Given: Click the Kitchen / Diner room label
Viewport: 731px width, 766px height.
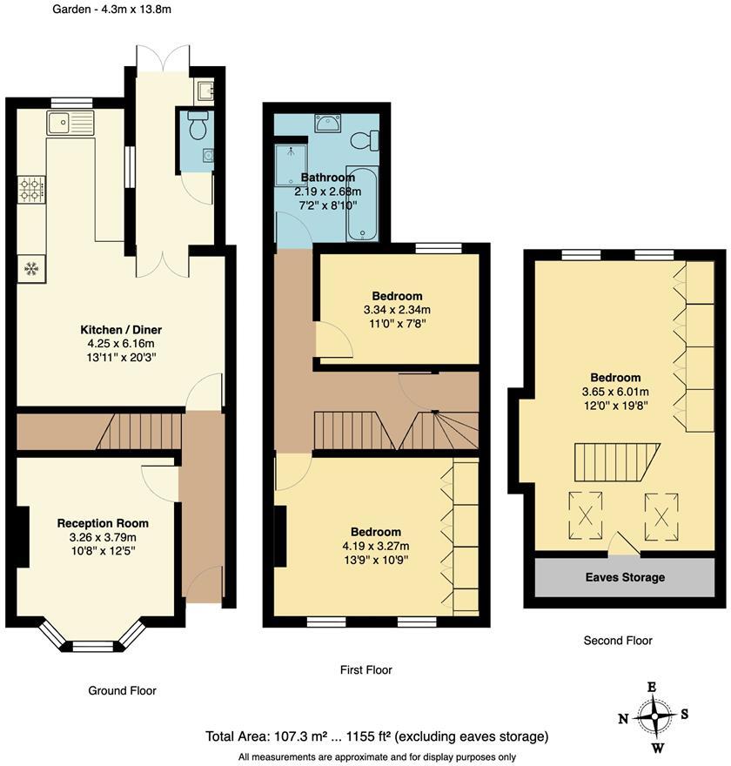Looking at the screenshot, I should coord(121,330).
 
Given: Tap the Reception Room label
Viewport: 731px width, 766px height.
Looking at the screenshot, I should coord(103,523).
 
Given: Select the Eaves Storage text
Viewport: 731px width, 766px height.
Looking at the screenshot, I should coord(625,577).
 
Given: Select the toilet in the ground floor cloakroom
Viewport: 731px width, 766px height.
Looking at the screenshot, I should coord(198,127).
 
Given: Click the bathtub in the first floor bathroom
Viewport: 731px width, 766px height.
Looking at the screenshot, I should coord(362,204).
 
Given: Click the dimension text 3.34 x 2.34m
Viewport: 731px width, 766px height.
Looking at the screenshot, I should coord(397,310).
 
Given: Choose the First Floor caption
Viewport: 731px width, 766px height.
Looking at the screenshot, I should coord(365,669).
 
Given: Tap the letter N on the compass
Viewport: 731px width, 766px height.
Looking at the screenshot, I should coord(623,718).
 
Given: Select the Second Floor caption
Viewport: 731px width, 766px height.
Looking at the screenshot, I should coord(617,640).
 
